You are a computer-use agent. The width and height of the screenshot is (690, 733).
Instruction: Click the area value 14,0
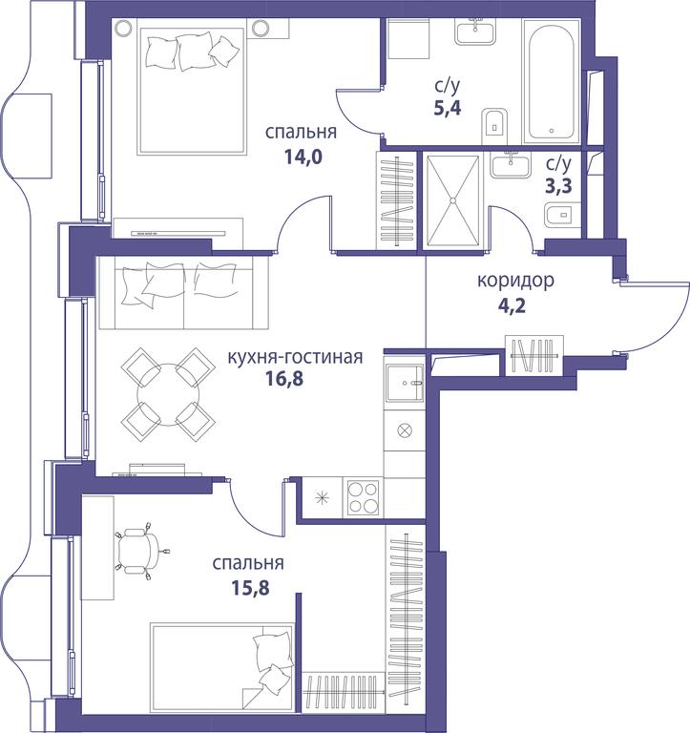pyautogui.click(x=303, y=157)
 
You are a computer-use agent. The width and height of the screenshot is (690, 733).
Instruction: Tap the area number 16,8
pyautogui.click(x=283, y=378)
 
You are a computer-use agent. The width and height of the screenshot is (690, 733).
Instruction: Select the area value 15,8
pyautogui.click(x=251, y=588)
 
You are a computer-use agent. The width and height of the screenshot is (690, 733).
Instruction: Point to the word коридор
pyautogui.click(x=516, y=281)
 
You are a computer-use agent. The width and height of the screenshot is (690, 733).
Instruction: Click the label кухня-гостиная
pyautogui.click(x=295, y=357)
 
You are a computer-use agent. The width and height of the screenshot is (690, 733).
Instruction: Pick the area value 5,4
pyautogui.click(x=448, y=108)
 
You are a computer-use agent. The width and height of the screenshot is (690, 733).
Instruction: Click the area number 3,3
pyautogui.click(x=558, y=186)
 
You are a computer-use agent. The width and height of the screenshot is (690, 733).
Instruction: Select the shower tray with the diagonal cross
pyautogui.click(x=452, y=200)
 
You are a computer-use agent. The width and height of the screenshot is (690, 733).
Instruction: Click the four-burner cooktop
pyautogui.click(x=363, y=497)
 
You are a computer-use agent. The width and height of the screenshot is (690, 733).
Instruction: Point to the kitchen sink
pyautogui.click(x=405, y=383)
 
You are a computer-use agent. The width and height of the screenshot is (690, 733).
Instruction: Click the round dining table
pyautogui.click(x=168, y=395)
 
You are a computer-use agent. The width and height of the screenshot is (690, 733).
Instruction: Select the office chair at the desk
pyautogui.click(x=140, y=550)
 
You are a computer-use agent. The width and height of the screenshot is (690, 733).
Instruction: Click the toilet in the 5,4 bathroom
pyautogui.click(x=494, y=127)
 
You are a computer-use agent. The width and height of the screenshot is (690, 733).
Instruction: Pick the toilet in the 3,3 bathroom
pyautogui.click(x=562, y=215)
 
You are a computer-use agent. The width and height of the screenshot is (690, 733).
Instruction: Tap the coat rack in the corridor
pyautogui.click(x=534, y=355)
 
